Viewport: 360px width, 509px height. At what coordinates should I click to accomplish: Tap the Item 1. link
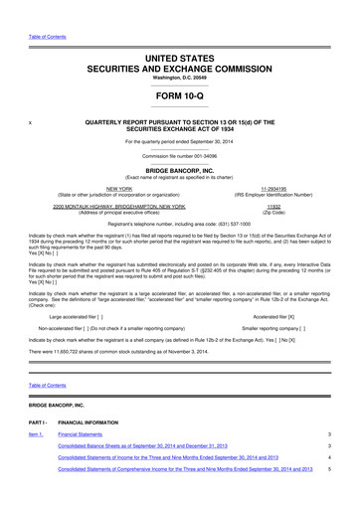point(36,463)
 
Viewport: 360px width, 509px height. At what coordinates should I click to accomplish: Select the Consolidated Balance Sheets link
point(158,480)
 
